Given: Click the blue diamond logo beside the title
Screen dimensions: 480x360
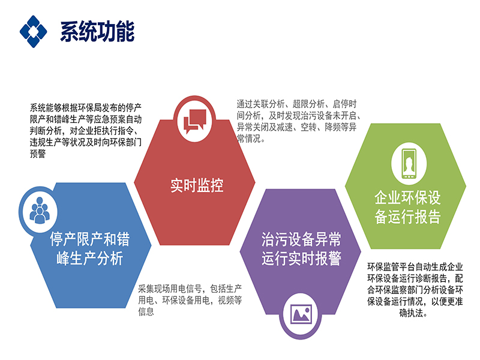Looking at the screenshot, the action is [34, 32].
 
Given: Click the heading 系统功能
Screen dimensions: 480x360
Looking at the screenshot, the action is [97, 32].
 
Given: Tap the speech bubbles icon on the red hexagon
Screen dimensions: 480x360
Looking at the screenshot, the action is [194, 122].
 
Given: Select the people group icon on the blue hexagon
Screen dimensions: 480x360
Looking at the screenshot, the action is [40, 210].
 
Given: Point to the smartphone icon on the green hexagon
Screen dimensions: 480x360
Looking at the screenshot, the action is [409, 163].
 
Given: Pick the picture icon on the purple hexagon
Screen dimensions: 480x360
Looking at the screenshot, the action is [301, 314].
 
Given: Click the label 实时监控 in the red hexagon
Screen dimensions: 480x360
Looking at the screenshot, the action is [197, 185].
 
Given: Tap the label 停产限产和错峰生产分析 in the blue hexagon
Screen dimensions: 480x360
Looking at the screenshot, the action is [90, 248].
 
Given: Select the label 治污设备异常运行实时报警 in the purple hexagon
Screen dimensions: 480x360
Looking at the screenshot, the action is [301, 248].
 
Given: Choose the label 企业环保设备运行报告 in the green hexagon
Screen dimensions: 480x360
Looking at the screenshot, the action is [407, 207].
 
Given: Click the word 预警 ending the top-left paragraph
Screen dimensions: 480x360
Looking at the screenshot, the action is [38, 154].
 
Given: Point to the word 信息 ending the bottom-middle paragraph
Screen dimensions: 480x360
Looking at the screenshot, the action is [146, 311].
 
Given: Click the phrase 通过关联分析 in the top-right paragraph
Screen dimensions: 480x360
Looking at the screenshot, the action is [260, 104].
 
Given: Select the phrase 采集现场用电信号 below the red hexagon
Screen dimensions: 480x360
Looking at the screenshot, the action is [170, 289].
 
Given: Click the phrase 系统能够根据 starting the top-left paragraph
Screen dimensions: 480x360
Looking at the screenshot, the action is [53, 107].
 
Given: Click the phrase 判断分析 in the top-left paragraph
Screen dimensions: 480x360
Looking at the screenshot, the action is [46, 131].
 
